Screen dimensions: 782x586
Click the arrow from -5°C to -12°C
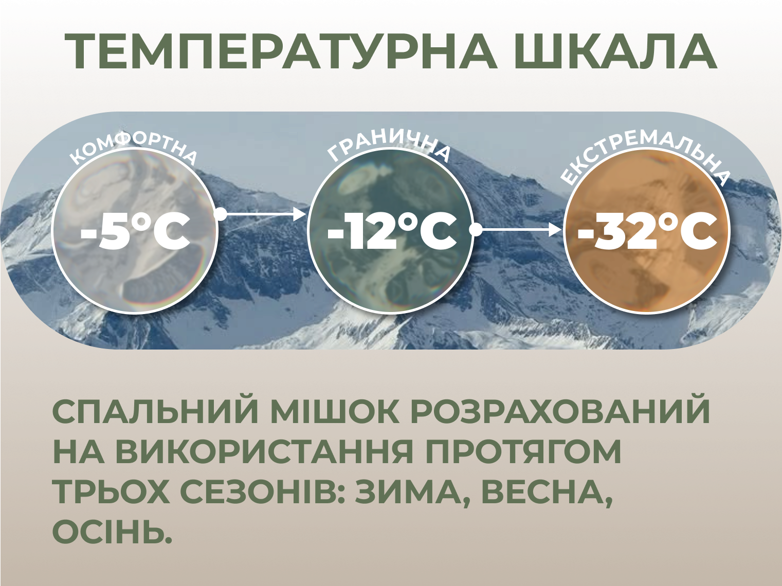tap(264, 214)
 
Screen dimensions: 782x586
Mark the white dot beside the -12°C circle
tap(476, 230)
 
